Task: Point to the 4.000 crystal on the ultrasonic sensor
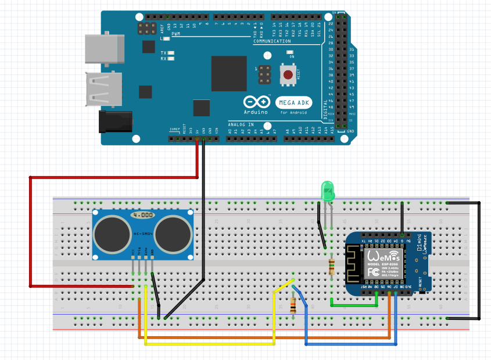(x=142, y=215)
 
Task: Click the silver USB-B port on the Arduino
(x=105, y=48)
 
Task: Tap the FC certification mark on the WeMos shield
(x=374, y=272)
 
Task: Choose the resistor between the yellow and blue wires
(x=293, y=305)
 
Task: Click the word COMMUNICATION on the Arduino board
(x=271, y=42)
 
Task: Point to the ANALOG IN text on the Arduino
(x=241, y=124)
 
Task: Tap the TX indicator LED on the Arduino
(x=172, y=53)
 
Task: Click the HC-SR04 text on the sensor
(x=143, y=234)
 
